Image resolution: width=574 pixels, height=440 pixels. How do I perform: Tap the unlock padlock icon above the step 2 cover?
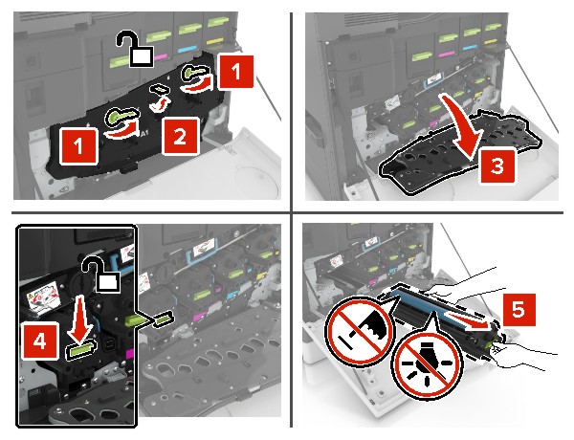pyautogui.click(x=134, y=48)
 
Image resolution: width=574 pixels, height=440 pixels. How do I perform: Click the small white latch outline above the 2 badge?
pyautogui.click(x=164, y=99)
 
